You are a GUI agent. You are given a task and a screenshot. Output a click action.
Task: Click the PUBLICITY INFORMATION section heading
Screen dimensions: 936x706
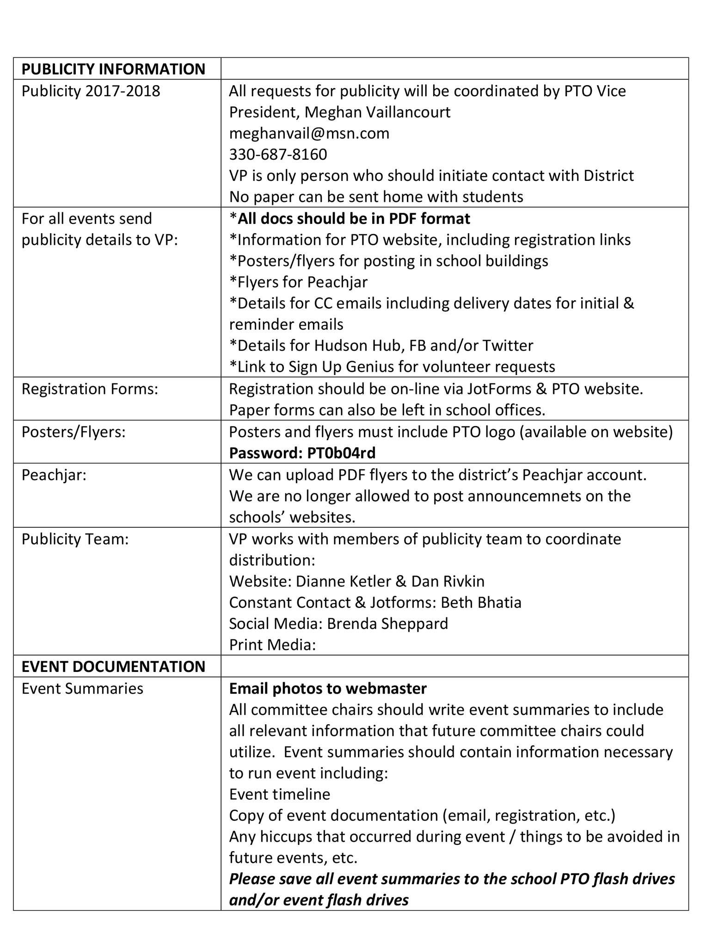[113, 69]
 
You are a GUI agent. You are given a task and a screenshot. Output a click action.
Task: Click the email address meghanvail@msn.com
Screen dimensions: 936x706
[309, 133]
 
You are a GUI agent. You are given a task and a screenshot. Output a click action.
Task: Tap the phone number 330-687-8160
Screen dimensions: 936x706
[278, 154]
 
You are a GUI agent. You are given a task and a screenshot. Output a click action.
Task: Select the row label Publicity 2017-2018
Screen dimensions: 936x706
[91, 91]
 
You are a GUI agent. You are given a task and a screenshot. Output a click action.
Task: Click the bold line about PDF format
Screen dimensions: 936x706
[350, 218]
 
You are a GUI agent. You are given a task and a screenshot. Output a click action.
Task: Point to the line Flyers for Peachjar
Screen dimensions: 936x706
[298, 282]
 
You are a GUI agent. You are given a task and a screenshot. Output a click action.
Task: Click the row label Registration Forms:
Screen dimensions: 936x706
[90, 389]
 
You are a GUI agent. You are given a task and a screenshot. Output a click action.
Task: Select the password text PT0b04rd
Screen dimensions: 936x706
[341, 453]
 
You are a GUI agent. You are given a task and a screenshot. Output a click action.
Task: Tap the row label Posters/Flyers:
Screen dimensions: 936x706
[74, 431]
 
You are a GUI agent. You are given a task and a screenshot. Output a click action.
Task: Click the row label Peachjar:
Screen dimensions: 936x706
[54, 475]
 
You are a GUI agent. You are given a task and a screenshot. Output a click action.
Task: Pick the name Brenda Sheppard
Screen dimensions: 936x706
[387, 623]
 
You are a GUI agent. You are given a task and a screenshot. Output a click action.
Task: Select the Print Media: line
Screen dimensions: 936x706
[272, 645]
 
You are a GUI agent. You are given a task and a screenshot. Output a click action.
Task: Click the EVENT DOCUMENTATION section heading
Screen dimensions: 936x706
[113, 666]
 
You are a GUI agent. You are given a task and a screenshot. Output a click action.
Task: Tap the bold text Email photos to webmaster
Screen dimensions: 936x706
[328, 688]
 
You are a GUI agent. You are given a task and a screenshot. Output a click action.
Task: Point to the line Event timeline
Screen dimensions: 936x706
[279, 794]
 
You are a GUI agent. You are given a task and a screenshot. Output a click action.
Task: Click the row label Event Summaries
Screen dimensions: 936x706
[82, 688]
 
